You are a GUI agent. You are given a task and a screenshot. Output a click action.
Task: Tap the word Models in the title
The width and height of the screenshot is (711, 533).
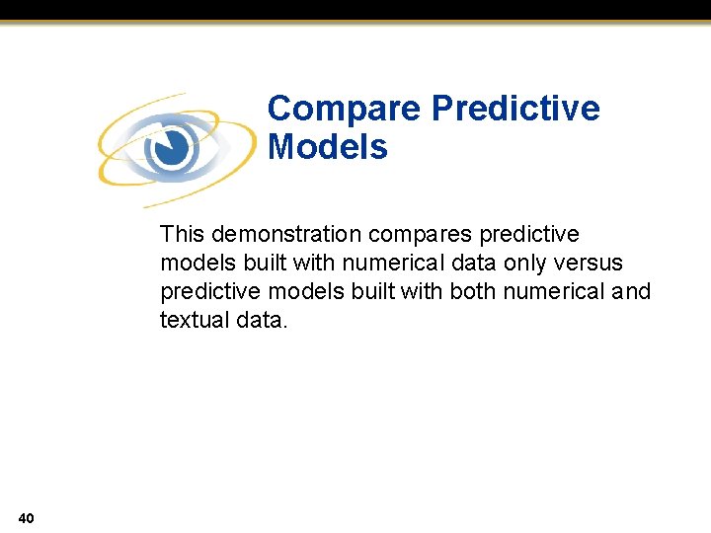pos(327,148)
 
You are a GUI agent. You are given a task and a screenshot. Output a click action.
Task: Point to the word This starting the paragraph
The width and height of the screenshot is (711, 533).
pos(182,234)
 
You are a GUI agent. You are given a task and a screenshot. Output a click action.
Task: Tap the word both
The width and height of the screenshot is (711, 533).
pos(473,291)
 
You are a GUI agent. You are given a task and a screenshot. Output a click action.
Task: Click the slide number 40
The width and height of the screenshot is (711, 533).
pos(26,517)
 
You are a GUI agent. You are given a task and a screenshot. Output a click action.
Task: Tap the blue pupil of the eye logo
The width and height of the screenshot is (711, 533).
pos(171,149)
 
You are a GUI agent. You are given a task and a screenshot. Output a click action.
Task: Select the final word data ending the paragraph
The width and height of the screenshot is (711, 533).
pos(262,320)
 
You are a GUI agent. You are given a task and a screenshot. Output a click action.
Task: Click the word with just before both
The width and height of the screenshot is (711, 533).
pos(424,291)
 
